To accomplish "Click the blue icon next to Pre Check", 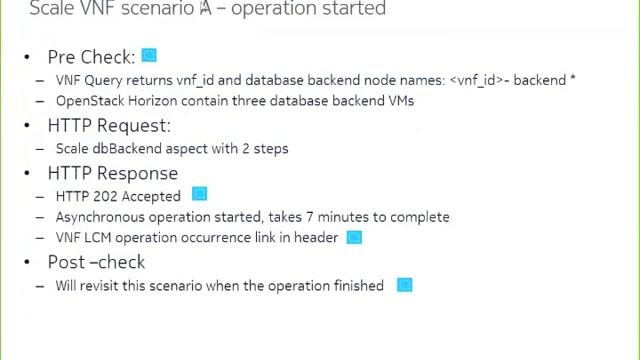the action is pos(149,56).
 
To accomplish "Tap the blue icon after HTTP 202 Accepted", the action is pos(199,194).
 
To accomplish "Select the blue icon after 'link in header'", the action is pos(353,237).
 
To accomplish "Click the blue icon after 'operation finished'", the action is pos(404,285).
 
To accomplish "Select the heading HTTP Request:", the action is pos(109,125).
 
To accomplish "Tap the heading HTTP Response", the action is pos(113,173).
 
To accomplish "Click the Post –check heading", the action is pos(96,262).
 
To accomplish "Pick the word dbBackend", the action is pos(125,148).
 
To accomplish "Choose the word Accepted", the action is pos(151,196).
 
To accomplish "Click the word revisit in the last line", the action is pos(109,286).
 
